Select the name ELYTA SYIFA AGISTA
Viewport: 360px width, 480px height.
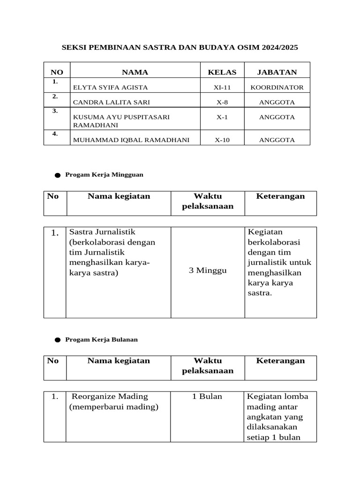[x=111, y=88]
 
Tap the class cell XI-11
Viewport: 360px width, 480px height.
[x=222, y=88]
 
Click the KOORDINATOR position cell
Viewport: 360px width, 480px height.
[x=277, y=88]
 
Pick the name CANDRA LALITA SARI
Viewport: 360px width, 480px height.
[x=112, y=102]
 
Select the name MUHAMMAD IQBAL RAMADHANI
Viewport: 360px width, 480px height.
[x=132, y=140]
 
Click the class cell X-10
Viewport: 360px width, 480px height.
[x=222, y=140]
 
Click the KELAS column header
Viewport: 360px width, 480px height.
[x=222, y=72]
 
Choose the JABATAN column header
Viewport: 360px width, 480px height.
[x=277, y=72]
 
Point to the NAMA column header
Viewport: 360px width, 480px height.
[x=135, y=72]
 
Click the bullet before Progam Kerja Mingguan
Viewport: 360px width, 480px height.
[x=57, y=175]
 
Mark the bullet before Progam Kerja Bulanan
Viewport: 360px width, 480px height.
[x=57, y=340]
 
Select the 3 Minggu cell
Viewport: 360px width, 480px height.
[x=208, y=270]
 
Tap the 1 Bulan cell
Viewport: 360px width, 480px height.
[x=207, y=397]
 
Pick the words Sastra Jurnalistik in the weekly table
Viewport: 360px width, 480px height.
[x=102, y=232]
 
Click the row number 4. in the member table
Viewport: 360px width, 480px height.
[x=55, y=134]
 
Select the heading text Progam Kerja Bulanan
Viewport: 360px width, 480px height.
[x=102, y=339]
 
